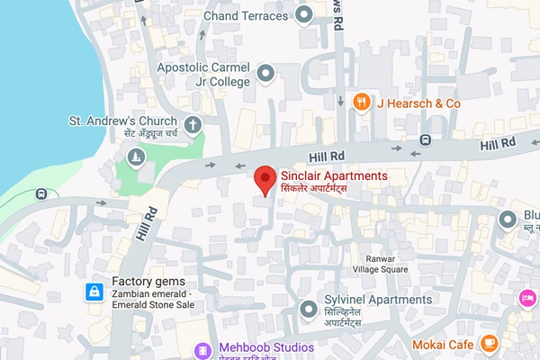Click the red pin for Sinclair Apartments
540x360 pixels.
264,178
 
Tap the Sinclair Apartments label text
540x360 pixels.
334,175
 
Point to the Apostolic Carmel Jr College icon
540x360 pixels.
265,72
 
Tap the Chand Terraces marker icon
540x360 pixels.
304,13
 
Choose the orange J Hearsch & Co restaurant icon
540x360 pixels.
361,102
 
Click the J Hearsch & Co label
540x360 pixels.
418,103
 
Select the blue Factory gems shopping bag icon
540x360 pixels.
94,292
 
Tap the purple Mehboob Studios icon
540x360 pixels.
206,348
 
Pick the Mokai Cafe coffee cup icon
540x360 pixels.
490,344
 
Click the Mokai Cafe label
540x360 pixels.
442,345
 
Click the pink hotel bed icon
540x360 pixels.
528,296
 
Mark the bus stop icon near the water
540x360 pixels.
42,193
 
